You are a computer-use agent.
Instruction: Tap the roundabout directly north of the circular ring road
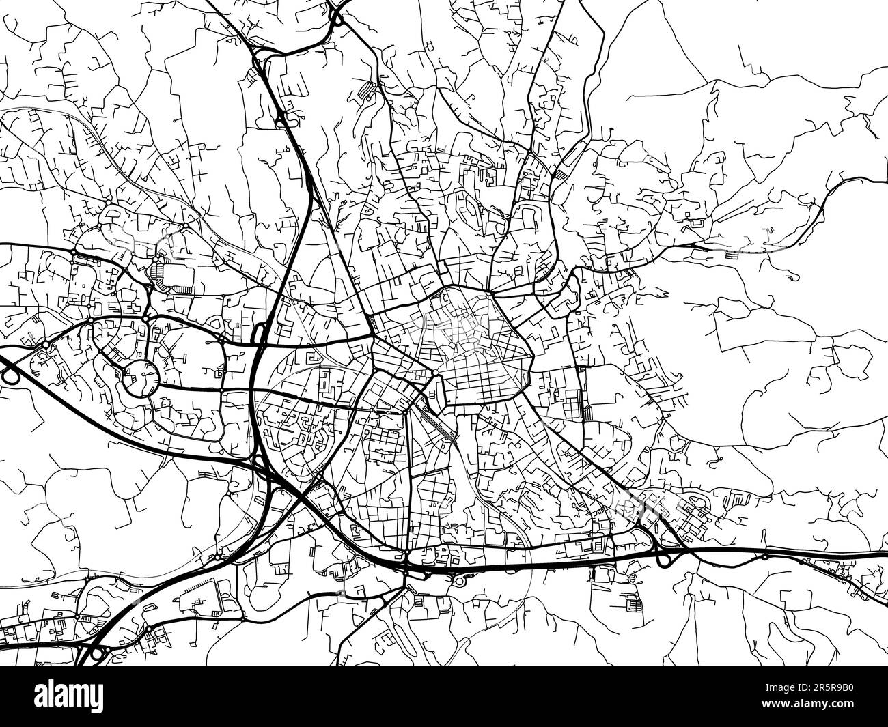coord(145,319)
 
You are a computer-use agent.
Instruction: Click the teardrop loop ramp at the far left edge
coord(10,373)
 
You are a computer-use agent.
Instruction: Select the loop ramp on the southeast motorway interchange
coord(662,559)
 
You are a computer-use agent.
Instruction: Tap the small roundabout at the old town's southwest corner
coord(434,373)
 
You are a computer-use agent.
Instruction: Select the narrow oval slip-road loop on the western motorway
coord(260,334)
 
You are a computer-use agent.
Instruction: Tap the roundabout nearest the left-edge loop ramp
coord(46,345)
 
